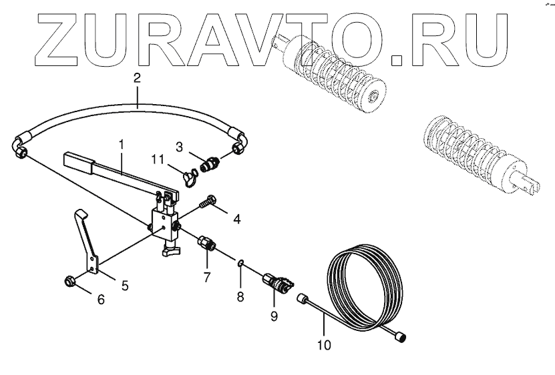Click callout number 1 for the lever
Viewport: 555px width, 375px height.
click(x=122, y=143)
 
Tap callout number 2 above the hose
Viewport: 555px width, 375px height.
click(x=136, y=78)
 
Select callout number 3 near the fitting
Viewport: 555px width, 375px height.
click(x=179, y=145)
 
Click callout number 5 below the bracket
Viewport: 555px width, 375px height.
click(x=125, y=286)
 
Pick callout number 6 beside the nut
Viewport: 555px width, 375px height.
click(x=101, y=300)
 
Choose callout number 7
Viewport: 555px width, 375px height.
click(x=206, y=275)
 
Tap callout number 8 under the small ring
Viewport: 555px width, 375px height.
click(x=241, y=294)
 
